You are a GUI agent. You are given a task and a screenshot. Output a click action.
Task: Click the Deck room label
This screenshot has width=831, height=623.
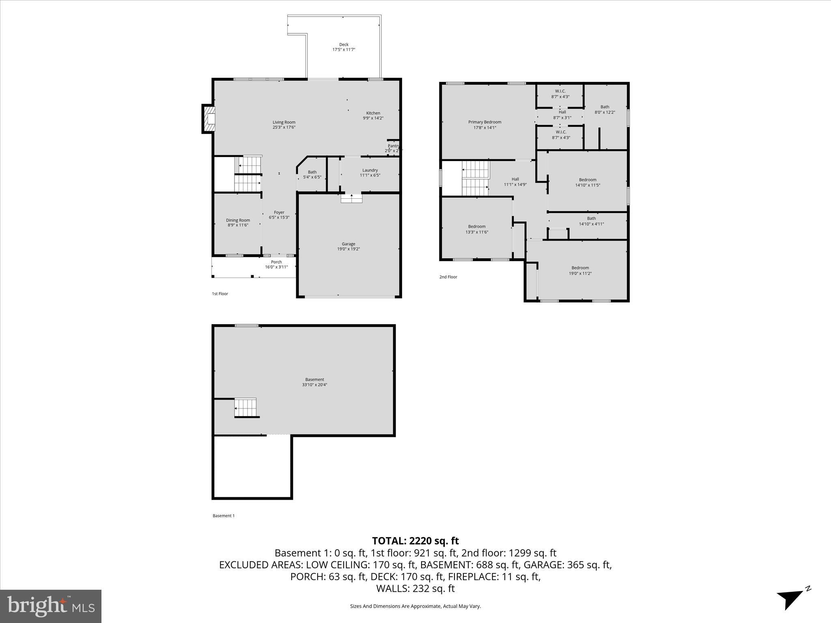point(344,45)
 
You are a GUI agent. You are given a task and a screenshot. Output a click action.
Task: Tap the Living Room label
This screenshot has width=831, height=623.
point(284,122)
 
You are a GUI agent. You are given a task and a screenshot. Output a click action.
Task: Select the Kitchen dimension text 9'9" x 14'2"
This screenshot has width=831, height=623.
point(373,118)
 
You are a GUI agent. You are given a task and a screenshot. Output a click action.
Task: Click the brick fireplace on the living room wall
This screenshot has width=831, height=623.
point(209,118)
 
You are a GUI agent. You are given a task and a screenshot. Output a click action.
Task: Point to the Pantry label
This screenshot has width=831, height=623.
point(393,146)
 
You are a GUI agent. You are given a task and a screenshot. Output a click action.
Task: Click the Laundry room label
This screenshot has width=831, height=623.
point(370,170)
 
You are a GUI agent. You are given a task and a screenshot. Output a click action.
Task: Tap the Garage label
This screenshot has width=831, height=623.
point(348,244)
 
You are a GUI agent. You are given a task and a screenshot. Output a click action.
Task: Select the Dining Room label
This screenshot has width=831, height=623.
point(238,220)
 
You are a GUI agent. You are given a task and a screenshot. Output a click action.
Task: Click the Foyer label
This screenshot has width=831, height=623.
point(279,212)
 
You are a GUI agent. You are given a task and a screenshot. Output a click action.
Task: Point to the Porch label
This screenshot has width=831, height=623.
point(276,262)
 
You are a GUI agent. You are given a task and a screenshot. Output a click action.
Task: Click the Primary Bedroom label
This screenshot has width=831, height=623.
point(484,122)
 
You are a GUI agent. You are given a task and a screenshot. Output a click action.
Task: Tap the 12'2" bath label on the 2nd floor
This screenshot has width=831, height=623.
point(605,110)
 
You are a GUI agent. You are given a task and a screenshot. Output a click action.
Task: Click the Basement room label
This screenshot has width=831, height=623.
point(314,380)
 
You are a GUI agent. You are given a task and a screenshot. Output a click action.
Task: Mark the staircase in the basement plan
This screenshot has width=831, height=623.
point(246,408)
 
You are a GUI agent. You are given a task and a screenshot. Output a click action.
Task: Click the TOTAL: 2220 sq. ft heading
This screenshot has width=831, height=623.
point(415,541)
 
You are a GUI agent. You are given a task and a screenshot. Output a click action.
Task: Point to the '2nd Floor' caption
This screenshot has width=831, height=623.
point(448,277)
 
